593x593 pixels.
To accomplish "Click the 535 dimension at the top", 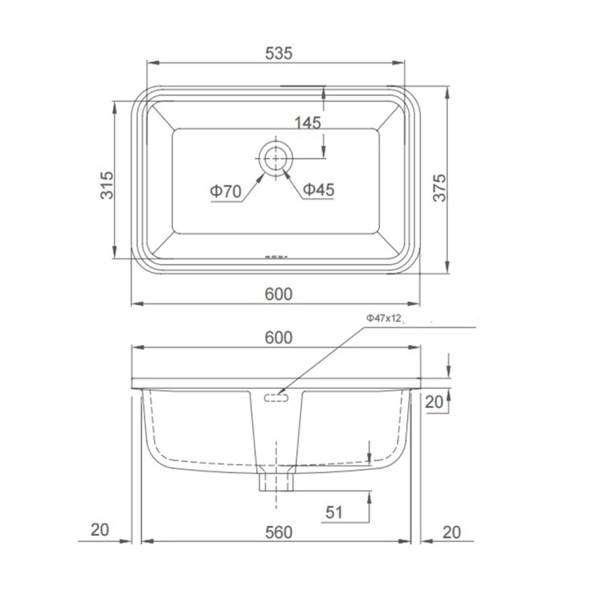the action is [x=279, y=53].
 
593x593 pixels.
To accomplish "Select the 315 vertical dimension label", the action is [x=107, y=186].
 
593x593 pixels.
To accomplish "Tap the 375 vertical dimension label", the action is [x=440, y=188].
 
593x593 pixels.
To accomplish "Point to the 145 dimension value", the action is [x=307, y=123].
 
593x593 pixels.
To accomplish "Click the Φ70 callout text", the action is [x=226, y=191].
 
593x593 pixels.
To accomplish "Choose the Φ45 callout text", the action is [x=319, y=190].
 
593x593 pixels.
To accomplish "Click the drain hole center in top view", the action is [x=276, y=159].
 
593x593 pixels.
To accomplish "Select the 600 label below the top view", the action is [x=279, y=294].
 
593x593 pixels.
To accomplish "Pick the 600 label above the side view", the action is [x=279, y=338].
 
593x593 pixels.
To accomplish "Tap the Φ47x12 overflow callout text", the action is [x=383, y=318].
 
